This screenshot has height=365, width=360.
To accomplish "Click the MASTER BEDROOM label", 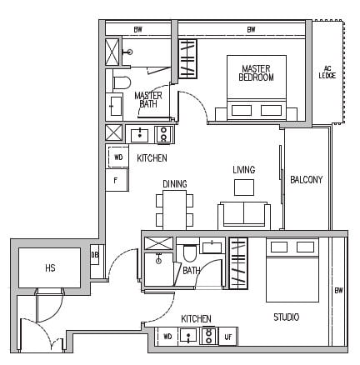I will [257, 72].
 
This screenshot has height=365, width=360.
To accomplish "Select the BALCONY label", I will [306, 179].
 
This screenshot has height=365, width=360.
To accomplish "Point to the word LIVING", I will [244, 170].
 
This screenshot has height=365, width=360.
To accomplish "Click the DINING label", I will [175, 184].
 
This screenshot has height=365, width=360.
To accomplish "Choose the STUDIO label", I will [287, 317].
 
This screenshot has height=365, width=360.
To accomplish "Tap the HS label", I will [50, 267].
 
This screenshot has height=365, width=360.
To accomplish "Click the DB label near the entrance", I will [94, 255].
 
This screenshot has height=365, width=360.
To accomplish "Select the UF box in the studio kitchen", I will [227, 337].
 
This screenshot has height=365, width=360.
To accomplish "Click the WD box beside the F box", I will [117, 157].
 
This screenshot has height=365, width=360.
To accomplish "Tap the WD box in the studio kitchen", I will [167, 337].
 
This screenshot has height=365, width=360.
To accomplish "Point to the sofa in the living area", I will [244, 214].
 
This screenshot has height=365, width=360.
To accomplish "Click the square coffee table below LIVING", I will [244, 187].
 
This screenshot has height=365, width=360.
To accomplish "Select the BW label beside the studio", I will [338, 290].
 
